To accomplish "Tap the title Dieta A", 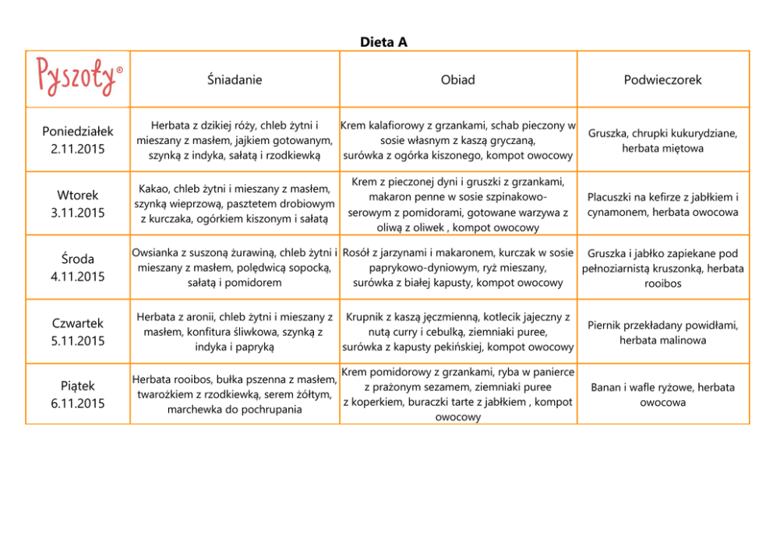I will [383, 42].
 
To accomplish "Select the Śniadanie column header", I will [235, 79].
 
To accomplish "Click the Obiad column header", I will [457, 79].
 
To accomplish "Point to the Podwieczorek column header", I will [662, 79].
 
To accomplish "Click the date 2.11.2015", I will [77, 148].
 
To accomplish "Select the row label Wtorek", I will [77, 196].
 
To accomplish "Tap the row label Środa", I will [77, 259].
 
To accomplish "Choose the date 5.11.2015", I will [77, 340].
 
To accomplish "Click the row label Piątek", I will [77, 386].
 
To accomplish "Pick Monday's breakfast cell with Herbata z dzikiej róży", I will [235, 140].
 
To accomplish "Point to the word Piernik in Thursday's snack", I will [605, 326].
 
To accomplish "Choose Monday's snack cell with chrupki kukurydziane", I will [662, 140].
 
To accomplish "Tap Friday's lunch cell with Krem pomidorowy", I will [457, 394].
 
